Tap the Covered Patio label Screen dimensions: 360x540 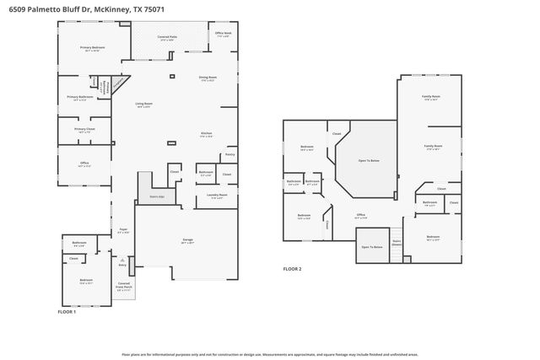point(167,39)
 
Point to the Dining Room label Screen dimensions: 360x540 point(207,78)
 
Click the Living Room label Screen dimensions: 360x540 point(143,105)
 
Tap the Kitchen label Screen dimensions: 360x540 point(206,134)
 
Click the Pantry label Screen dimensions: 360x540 point(229,154)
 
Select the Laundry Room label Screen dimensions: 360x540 point(216,196)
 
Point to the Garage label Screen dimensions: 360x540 point(187,240)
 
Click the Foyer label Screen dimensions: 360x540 point(122,229)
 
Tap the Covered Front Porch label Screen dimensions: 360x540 point(124,287)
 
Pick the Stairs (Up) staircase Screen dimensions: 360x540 point(157,196)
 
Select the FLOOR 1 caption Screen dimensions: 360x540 point(67,311)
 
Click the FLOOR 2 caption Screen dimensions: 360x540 point(292,269)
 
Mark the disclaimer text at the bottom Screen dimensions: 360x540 point(269,355)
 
